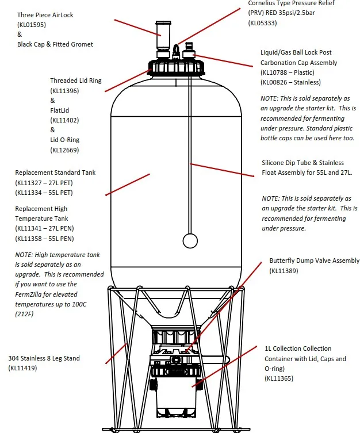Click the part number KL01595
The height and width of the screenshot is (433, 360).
tap(33, 25)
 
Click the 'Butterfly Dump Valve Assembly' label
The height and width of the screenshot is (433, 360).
tap(314, 261)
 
